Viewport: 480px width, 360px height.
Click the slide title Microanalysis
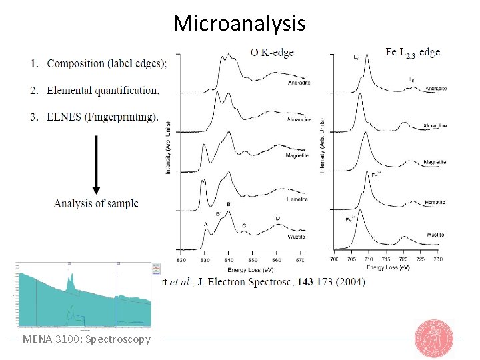[239, 23]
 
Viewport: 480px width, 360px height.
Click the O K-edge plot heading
[271, 52]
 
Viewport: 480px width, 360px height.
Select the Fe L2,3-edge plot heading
[413, 51]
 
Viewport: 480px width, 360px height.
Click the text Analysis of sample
[96, 203]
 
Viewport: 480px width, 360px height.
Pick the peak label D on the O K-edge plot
[277, 218]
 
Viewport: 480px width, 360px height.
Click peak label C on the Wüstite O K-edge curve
[244, 226]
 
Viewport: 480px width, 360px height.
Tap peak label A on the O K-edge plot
[205, 224]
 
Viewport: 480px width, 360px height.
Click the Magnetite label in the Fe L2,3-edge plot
[435, 162]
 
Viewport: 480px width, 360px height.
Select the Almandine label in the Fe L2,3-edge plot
[435, 125]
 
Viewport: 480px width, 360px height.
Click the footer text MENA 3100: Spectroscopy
[87, 339]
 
